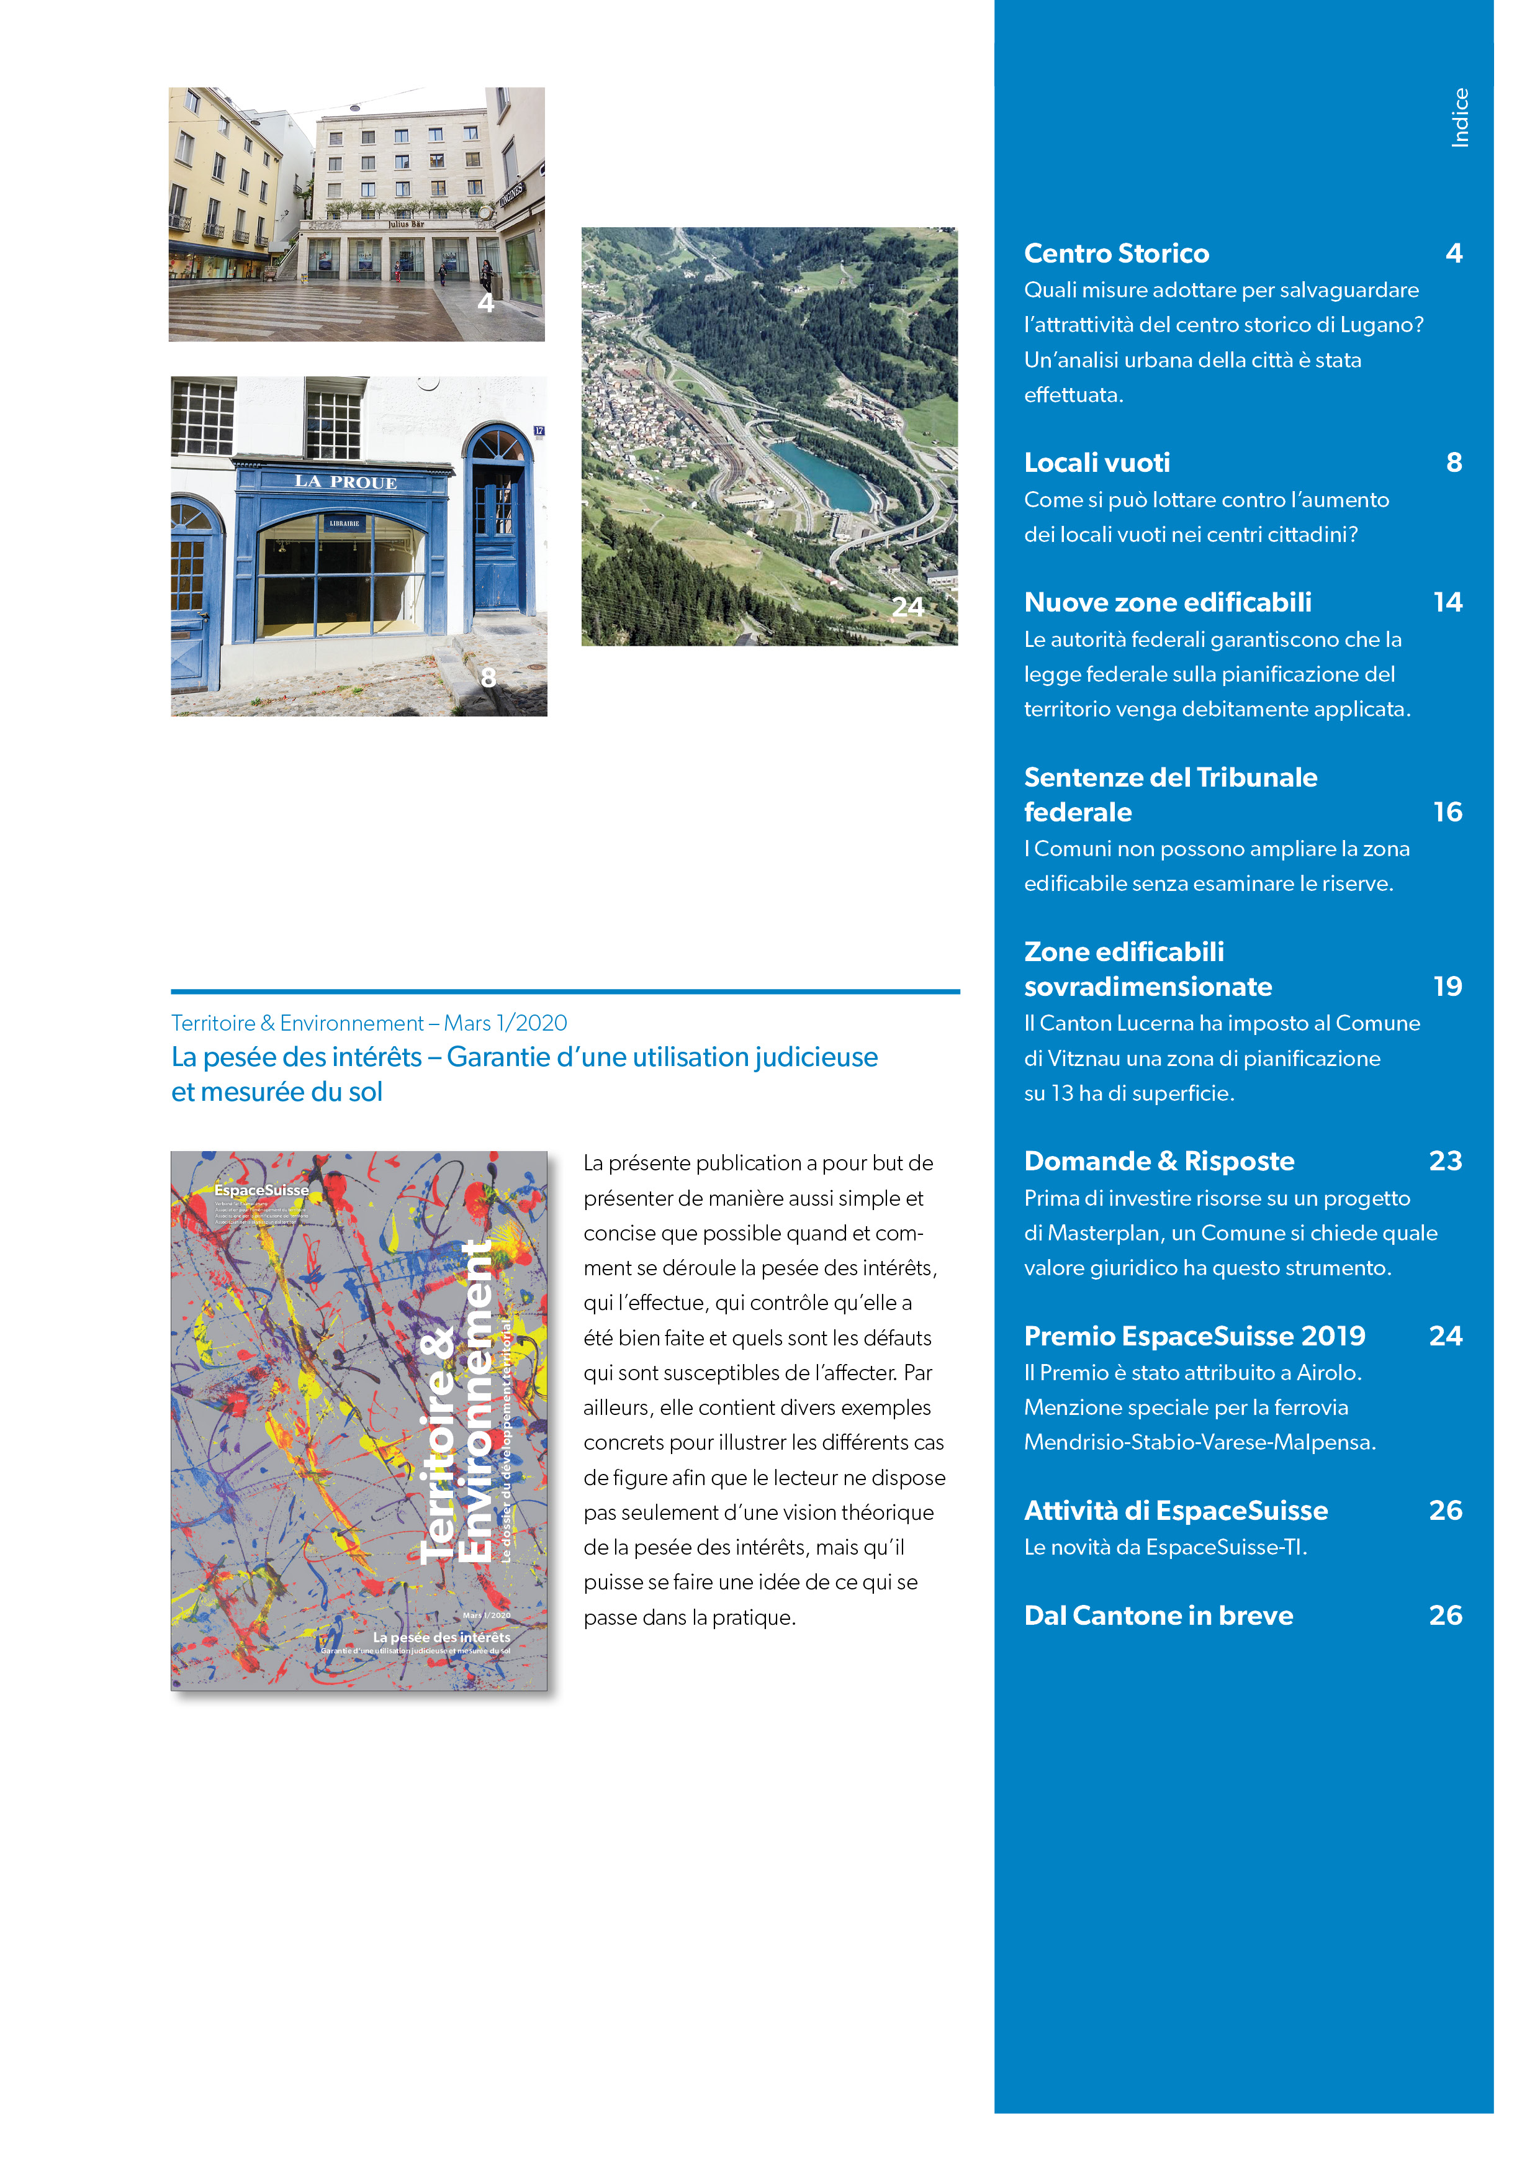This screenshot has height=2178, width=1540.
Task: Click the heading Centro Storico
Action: [1116, 253]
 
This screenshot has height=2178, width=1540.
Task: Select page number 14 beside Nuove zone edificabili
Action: [1447, 602]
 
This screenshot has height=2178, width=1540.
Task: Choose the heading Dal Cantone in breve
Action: [1158, 1615]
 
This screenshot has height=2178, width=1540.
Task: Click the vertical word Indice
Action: [1459, 117]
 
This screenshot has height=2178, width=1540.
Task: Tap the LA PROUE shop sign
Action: [345, 482]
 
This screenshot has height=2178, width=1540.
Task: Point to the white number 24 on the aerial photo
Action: [907, 607]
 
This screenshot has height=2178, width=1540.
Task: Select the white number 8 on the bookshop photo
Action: [489, 677]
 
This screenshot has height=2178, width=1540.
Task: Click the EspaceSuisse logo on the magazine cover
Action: [261, 1190]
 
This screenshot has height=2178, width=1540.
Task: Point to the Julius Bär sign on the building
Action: [406, 224]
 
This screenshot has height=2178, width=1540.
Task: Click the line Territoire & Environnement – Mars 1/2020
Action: [369, 1024]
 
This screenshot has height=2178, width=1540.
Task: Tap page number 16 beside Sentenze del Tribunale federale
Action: [1447, 812]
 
